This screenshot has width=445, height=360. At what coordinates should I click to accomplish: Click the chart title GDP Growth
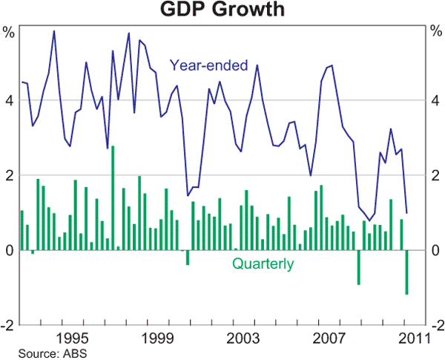click(222, 10)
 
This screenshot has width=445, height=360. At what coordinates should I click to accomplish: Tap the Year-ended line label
click(208, 66)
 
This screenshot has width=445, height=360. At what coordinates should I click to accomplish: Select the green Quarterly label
click(263, 264)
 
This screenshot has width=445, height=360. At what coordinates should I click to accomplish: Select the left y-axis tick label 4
click(10, 100)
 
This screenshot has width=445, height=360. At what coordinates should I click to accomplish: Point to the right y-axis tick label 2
click(436, 175)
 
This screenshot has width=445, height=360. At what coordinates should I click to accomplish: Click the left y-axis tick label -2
click(8, 325)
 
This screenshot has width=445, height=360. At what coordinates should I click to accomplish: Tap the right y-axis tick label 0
click(436, 250)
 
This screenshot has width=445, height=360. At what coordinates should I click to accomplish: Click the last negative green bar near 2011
click(406, 272)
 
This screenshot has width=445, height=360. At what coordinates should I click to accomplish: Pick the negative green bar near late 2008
click(359, 267)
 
